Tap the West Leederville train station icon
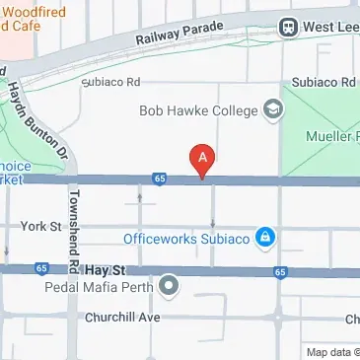tap(289, 28)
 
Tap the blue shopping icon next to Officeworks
tap(264, 238)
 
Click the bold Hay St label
tap(102, 268)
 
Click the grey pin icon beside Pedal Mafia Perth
tap(170, 287)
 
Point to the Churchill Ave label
tap(122, 318)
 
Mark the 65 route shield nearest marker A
tap(159, 179)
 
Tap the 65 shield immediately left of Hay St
tap(40, 267)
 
